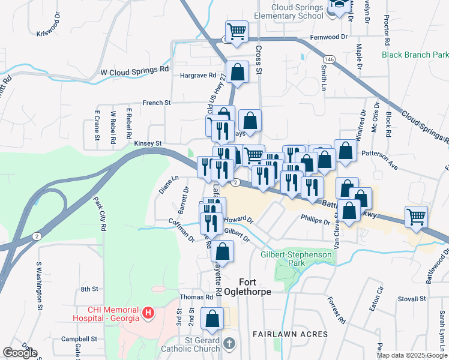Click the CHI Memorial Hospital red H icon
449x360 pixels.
point(148,313)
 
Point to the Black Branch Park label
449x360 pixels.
point(415,55)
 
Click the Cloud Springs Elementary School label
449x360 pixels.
point(297,11)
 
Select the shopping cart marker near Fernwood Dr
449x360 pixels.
point(237,31)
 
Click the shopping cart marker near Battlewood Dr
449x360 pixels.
point(416,217)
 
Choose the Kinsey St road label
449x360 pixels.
point(148,143)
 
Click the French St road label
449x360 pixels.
point(156,103)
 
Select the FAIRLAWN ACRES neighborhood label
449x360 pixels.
point(290,334)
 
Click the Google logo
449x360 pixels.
point(20,353)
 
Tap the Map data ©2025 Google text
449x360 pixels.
point(411,355)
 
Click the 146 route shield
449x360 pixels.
point(328,60)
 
